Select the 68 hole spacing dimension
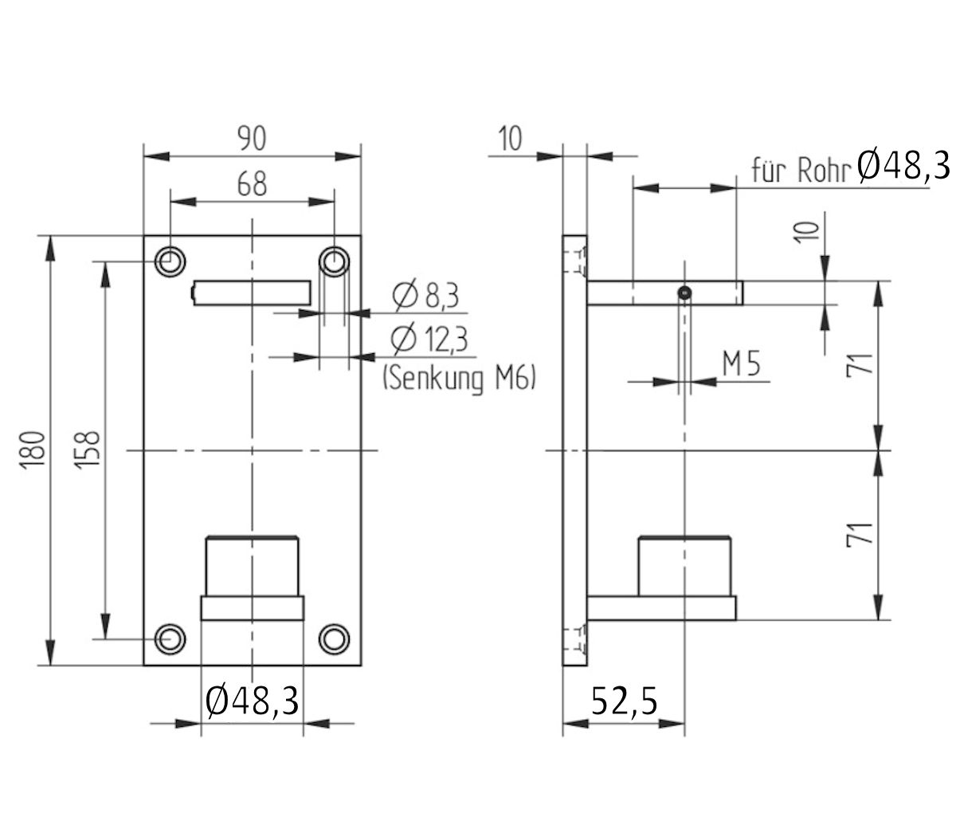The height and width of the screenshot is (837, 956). [252, 184]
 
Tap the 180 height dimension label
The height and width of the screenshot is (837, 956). [33, 451]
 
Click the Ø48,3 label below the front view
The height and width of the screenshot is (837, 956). [252, 701]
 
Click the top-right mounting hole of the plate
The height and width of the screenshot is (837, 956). [334, 261]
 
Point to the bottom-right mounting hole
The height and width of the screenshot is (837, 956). [334, 639]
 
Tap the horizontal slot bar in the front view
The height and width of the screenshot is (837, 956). [252, 293]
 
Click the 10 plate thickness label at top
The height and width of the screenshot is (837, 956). [510, 139]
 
